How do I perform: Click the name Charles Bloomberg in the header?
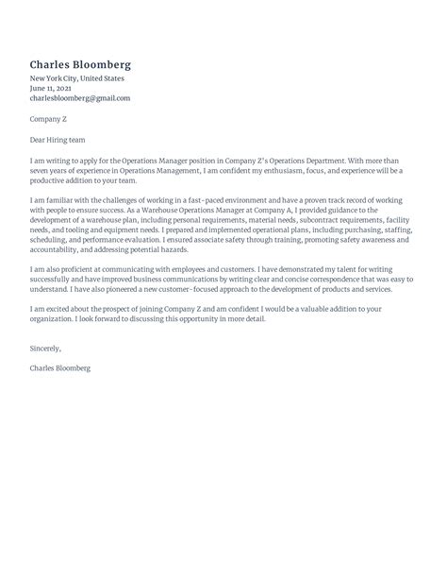coord(80,65)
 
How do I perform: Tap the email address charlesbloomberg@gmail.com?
coord(79,98)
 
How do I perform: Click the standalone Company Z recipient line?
coord(50,119)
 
